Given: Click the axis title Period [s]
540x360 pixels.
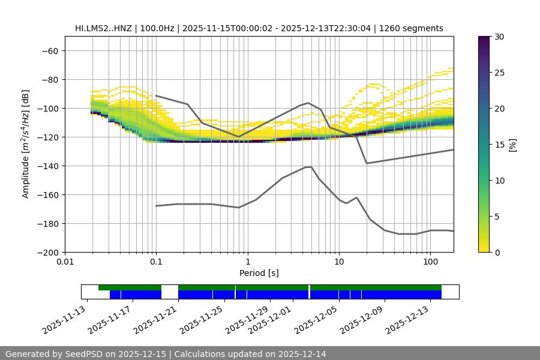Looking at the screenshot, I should click(x=259, y=273).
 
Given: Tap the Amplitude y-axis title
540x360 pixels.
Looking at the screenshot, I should click(x=25, y=144).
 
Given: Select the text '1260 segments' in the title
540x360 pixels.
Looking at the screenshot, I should click(x=413, y=28).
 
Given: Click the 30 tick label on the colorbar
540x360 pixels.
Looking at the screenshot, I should click(x=499, y=37).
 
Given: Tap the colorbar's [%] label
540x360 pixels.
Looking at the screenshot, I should click(x=512, y=145).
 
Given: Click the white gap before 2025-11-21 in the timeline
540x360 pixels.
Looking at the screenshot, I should click(x=170, y=292).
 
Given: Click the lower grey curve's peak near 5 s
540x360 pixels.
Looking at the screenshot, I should click(x=308, y=167).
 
